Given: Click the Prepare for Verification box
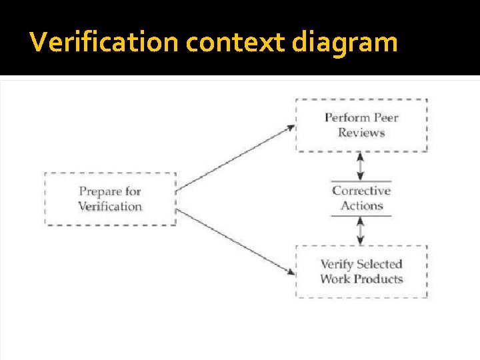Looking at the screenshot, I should [110, 199].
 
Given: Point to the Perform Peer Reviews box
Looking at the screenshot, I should [361, 125].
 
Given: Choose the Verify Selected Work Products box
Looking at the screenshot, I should [361, 271].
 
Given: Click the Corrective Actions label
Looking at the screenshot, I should [361, 198].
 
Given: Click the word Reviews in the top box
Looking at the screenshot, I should [361, 133].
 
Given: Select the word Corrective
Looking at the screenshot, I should [361, 191].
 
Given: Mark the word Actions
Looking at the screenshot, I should [361, 206].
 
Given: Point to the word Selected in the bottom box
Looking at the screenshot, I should [379, 264].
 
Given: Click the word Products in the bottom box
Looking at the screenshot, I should [380, 279].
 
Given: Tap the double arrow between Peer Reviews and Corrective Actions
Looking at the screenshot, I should [361, 166].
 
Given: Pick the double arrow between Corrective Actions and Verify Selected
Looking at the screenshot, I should [361, 231].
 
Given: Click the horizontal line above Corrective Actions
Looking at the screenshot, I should [361, 181].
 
